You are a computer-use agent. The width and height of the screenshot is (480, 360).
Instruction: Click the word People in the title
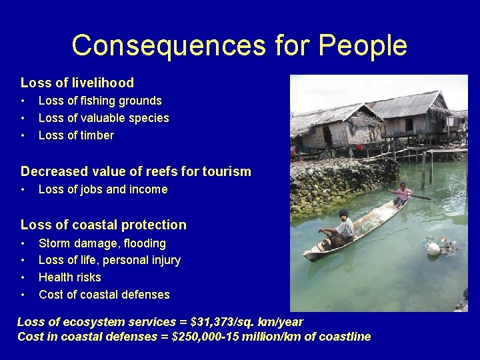[x=362, y=46]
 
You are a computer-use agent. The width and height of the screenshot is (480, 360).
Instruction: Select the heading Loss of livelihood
[x=77, y=83]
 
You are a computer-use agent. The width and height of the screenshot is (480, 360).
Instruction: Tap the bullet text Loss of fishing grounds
[x=100, y=101]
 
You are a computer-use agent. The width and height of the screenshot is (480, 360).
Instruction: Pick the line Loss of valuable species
[x=103, y=118]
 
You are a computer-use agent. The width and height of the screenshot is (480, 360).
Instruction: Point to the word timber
[x=96, y=135]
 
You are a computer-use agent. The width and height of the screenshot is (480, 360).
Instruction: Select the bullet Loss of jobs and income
[x=103, y=189]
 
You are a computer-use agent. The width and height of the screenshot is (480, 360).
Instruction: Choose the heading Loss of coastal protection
[x=103, y=225]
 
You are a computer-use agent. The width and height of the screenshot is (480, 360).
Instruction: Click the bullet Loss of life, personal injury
[x=109, y=260]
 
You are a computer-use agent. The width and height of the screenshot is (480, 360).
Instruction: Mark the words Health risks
[x=70, y=277]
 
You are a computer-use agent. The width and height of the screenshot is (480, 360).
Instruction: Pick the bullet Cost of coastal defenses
[x=104, y=295]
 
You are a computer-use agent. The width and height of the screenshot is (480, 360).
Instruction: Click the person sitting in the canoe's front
[x=341, y=229]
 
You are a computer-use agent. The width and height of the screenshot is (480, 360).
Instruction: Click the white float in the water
[x=433, y=249]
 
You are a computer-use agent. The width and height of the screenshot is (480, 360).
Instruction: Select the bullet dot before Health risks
[x=23, y=277]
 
